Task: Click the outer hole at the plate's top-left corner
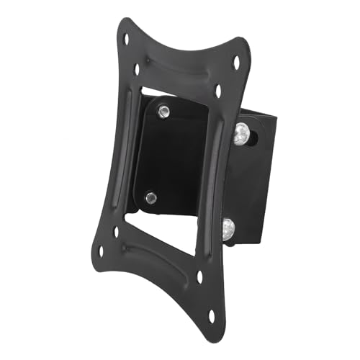click(x=127, y=39)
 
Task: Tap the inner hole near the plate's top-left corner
click(x=137, y=70)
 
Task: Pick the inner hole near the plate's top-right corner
click(x=218, y=91)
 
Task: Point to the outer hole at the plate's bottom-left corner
click(x=101, y=251)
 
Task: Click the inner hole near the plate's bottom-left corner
click(x=117, y=232)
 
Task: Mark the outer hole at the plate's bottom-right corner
click(x=212, y=314)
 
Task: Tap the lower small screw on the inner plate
click(x=150, y=195)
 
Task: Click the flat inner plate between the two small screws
click(x=162, y=155)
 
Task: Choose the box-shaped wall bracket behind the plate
click(x=259, y=180)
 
